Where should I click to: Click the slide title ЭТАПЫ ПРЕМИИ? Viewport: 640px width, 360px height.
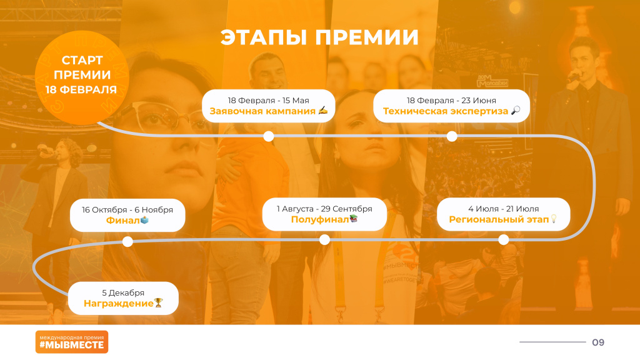click(x=319, y=37)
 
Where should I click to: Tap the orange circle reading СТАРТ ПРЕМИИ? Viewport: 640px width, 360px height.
click(x=82, y=77)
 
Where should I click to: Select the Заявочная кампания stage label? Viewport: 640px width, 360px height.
click(x=262, y=111)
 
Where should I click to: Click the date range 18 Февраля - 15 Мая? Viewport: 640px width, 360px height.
click(x=268, y=101)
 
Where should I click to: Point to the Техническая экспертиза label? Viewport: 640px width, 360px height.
click(x=445, y=111)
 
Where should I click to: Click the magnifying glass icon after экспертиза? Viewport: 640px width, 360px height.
click(x=516, y=110)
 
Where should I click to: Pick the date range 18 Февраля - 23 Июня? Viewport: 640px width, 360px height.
click(x=451, y=101)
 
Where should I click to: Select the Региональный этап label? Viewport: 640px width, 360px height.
click(x=499, y=219)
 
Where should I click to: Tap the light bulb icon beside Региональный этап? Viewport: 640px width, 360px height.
click(x=554, y=219)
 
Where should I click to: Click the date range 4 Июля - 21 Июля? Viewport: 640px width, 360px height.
click(x=503, y=209)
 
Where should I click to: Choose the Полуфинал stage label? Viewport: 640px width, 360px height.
click(x=319, y=219)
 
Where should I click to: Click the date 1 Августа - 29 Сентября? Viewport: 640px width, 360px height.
click(x=324, y=209)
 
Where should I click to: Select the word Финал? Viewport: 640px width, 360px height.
click(x=123, y=221)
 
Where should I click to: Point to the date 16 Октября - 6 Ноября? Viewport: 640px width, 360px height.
click(x=127, y=210)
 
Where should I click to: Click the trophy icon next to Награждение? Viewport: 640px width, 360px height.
click(x=158, y=303)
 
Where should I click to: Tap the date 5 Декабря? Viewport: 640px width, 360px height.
click(x=123, y=293)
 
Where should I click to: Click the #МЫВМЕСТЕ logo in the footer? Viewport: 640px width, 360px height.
click(x=72, y=342)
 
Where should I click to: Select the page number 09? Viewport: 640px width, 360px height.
click(x=598, y=342)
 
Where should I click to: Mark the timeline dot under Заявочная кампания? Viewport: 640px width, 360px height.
click(x=269, y=136)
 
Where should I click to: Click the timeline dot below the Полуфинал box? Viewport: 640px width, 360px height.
click(x=324, y=240)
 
